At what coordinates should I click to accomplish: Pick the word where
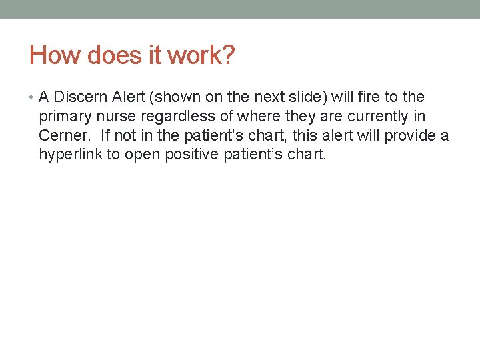click(250, 117)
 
